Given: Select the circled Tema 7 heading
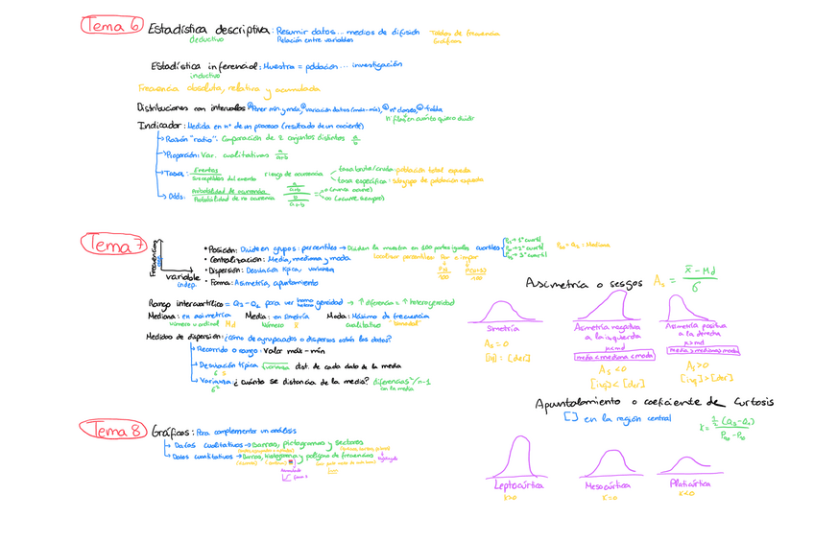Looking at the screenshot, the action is click(x=112, y=245).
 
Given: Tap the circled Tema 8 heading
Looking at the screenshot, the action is click(x=112, y=430).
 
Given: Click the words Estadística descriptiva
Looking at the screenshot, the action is click(x=208, y=30).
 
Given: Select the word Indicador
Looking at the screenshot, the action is click(x=161, y=125).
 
